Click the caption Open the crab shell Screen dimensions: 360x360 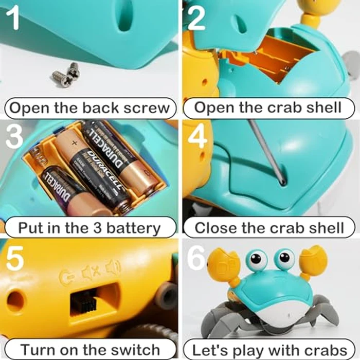(268, 108)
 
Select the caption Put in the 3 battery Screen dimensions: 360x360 (89, 228)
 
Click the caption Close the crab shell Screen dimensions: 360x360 (268, 228)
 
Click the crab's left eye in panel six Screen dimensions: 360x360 (256, 260)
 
